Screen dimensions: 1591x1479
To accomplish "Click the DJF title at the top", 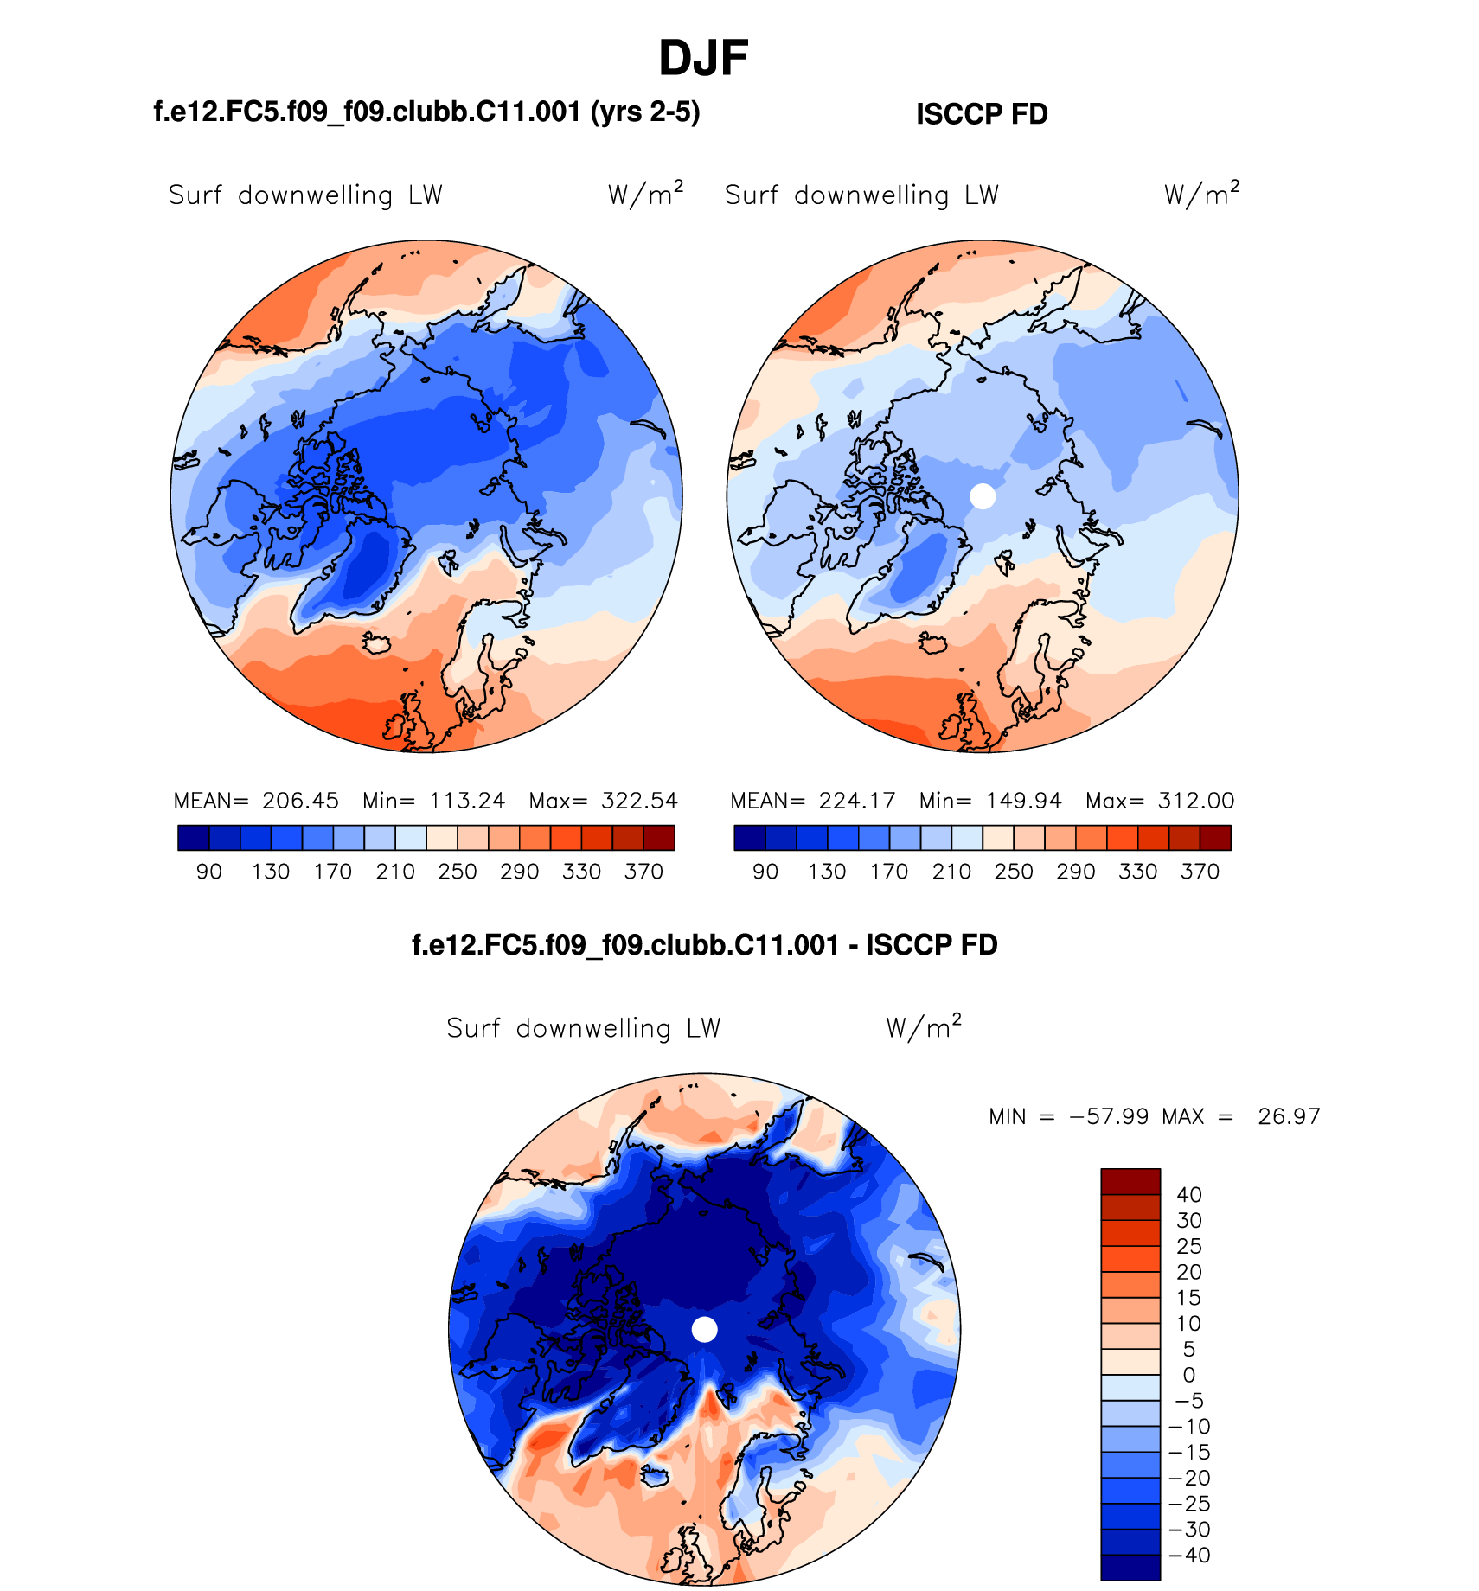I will tap(702, 59).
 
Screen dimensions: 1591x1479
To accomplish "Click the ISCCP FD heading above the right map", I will tap(982, 114).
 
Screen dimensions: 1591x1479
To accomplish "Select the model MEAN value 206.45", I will tap(300, 801).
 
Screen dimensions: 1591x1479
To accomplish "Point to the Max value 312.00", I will tap(1196, 801).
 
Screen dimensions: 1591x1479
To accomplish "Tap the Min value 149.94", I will tap(1023, 801).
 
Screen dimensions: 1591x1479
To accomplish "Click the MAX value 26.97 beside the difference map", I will tap(1289, 1116).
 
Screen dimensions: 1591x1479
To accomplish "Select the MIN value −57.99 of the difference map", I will tap(1110, 1116).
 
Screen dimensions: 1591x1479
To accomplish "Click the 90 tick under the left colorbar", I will tap(209, 872).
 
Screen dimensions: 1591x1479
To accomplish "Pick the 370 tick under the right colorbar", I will tap(1200, 872).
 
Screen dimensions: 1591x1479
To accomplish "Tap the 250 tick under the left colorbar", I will tap(458, 872).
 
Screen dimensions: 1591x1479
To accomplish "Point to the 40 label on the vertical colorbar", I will tap(1189, 1195).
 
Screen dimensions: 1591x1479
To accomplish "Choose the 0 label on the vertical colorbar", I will tap(1189, 1375).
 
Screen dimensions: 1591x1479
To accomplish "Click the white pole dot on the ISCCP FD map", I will tap(983, 496).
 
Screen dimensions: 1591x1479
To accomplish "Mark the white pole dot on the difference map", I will tap(705, 1329).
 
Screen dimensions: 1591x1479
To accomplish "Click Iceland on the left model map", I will tap(378, 643).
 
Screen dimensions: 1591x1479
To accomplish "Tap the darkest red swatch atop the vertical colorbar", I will tap(1130, 1182).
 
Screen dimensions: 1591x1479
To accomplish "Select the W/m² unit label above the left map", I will tap(645, 194).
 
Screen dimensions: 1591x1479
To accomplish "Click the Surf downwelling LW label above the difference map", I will tap(584, 1028).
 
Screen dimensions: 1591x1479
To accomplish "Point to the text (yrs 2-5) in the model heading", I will tap(645, 112).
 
